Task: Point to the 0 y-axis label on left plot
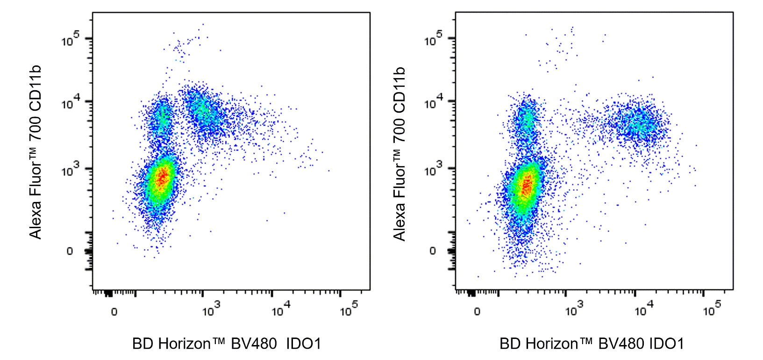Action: point(70,251)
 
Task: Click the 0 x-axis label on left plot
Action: point(114,312)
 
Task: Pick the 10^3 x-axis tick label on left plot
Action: point(211,309)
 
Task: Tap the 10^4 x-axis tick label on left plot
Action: point(281,309)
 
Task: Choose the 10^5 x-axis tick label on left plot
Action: point(349,309)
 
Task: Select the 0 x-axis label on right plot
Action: point(477,312)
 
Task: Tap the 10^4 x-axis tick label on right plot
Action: point(644,309)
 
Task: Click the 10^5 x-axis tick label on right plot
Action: point(712,309)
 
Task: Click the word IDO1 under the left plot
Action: point(303,344)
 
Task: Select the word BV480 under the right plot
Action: point(618,344)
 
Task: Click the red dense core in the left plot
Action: point(162,178)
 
